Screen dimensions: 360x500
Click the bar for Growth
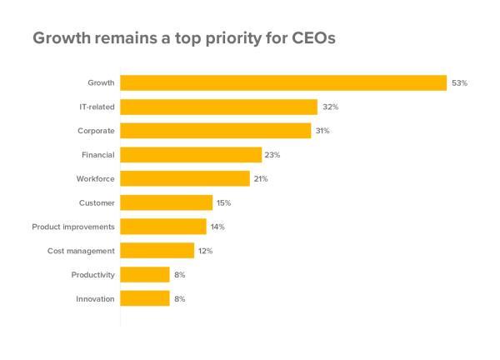[283, 82]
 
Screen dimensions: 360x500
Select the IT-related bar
[218, 107]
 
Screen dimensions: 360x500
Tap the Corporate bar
[216, 131]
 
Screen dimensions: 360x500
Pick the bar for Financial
[191, 155]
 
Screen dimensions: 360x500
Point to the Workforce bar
[185, 178]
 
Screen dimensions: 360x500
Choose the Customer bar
[167, 202]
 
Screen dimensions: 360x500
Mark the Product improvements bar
[163, 227]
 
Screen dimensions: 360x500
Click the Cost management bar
[157, 250]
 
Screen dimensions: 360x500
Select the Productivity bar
[145, 274]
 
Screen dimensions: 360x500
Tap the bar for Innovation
[145, 298]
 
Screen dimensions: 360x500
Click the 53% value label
[459, 83]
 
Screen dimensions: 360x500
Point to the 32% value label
[330, 107]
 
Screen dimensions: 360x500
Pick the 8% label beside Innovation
[179, 298]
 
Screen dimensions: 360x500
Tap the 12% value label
[206, 251]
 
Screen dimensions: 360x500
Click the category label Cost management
[81, 251]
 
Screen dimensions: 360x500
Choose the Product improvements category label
[73, 227]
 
